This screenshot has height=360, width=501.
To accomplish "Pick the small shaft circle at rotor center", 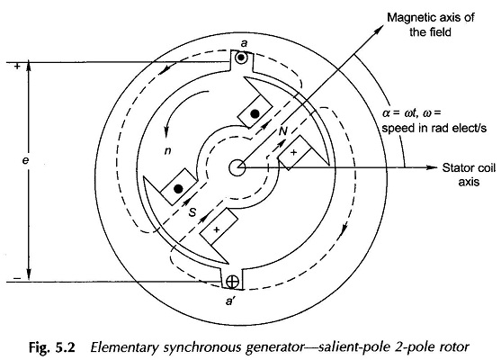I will (238, 166).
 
